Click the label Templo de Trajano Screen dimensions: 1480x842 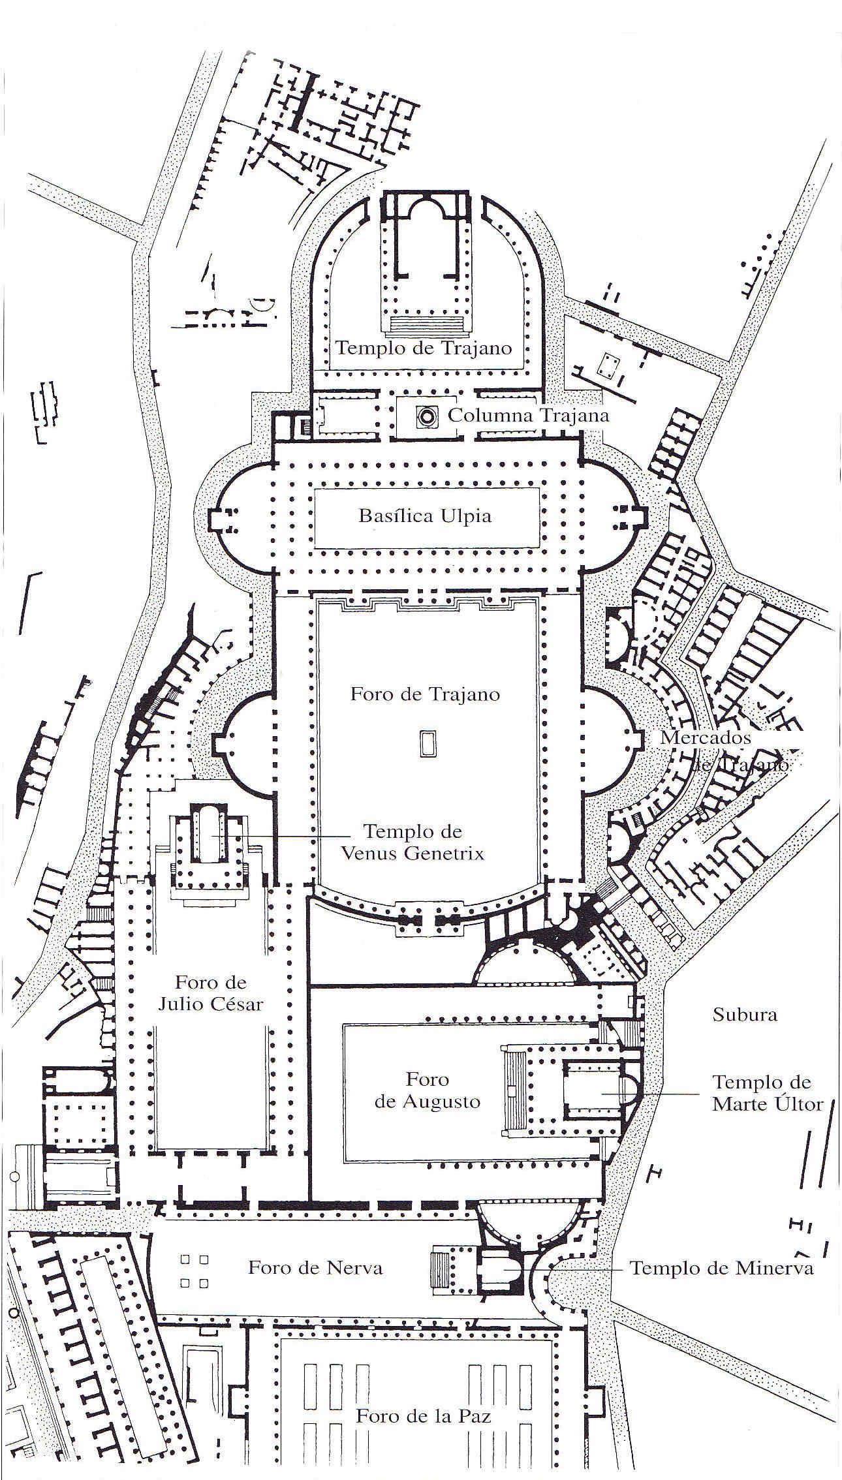tap(424, 348)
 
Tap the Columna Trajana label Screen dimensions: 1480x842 tap(528, 416)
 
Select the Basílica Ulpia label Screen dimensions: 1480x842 tap(425, 516)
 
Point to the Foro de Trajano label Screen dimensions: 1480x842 tap(425, 694)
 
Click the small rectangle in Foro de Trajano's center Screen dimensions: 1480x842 tap(428, 744)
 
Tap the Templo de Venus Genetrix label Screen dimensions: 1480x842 tap(413, 842)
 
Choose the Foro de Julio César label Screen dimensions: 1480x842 tap(210, 993)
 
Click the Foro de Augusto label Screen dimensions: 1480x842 tap(428, 1090)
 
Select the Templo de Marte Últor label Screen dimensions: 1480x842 tap(767, 1093)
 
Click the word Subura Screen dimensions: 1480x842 tap(745, 1014)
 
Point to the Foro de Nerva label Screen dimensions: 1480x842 tap(315, 1268)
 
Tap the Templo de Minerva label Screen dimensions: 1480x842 tap(721, 1268)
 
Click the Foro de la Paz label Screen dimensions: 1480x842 tap(423, 1415)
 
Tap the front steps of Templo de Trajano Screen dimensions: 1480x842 tap(428, 324)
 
